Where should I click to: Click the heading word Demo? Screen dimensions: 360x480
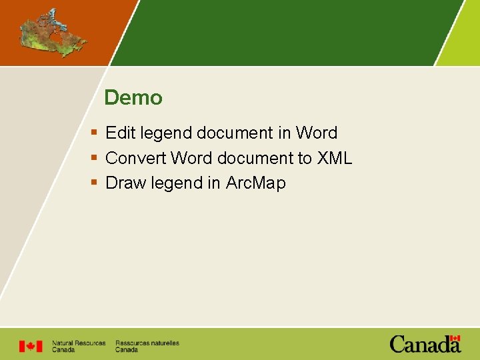[x=133, y=98]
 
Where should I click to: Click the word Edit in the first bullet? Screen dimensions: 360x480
[x=120, y=133]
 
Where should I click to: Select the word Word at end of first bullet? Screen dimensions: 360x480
[x=317, y=133]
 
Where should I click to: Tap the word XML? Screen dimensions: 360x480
[x=334, y=158]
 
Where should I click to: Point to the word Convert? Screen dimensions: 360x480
[x=135, y=158]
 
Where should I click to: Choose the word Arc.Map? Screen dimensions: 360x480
[x=255, y=183]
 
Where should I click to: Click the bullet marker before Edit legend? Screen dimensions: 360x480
[x=94, y=133]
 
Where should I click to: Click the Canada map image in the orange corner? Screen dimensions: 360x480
[x=53, y=33]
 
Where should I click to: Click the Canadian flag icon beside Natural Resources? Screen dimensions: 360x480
[x=30, y=346]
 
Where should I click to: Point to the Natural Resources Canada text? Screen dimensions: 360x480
[x=79, y=346]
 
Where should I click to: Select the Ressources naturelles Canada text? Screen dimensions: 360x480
[x=147, y=346]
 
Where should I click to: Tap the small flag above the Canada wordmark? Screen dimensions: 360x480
[x=455, y=339]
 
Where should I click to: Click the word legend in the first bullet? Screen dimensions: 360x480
[x=165, y=133]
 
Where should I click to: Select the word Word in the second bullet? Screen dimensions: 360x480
[x=191, y=158]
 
